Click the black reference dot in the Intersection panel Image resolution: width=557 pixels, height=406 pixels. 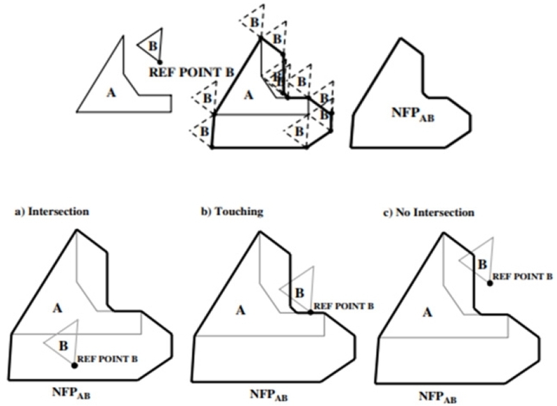pos(74,365)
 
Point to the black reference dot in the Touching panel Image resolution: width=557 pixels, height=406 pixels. pos(311,312)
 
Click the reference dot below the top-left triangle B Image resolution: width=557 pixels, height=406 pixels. pos(160,63)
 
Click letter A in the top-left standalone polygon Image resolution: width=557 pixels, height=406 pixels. pos(110,91)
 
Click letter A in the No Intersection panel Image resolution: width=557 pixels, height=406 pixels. pos(427,315)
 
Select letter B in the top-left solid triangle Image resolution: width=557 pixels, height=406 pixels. pos(152,45)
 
